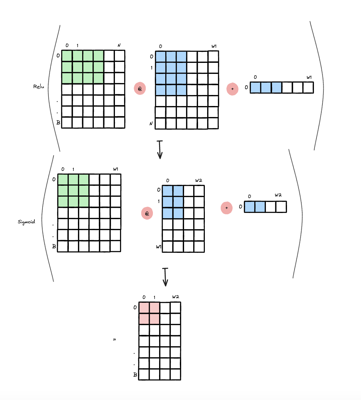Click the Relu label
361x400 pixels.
[39, 87]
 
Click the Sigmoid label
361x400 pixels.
[26, 222]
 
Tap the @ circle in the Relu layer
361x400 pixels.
[140, 88]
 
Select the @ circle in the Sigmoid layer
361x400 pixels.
[147, 213]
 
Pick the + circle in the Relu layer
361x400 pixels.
[232, 89]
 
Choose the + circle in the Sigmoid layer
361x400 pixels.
[227, 208]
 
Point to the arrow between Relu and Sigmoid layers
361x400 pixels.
[160, 149]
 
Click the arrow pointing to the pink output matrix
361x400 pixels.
[165, 277]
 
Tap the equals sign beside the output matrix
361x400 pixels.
[114, 339]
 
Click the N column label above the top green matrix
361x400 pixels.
[119, 45]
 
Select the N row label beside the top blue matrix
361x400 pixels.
[151, 124]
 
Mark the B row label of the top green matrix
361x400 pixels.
[58, 123]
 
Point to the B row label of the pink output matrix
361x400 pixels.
[135, 375]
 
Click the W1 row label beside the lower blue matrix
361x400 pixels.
[158, 247]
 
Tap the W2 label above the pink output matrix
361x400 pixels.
[176, 297]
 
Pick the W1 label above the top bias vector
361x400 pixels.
[309, 77]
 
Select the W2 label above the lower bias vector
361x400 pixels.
[278, 195]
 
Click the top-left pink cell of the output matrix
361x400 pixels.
[144, 308]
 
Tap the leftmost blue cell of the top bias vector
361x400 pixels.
[255, 88]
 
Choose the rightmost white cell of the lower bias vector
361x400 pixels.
[281, 207]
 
